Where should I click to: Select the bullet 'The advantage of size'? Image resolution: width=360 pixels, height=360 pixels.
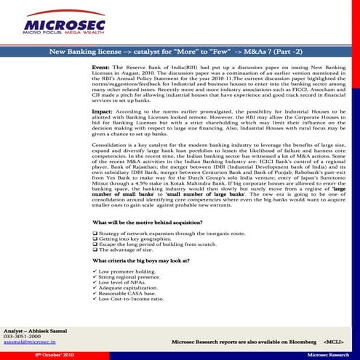point(128,251)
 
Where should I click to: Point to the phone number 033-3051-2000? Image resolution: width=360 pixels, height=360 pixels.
point(23,337)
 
